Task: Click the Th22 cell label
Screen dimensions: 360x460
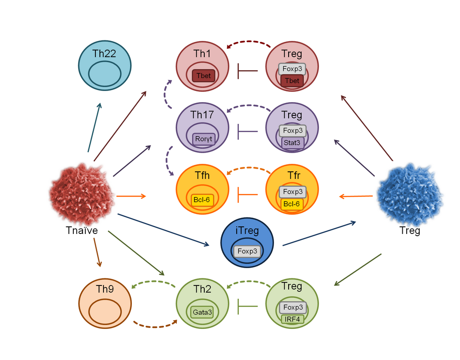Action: coord(104,54)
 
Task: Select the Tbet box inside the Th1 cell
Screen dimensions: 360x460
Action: coord(203,76)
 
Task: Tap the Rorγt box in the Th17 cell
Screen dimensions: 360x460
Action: coord(204,139)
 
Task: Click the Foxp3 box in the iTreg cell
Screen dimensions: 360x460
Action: coord(247,251)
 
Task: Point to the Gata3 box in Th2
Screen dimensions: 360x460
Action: coord(202,313)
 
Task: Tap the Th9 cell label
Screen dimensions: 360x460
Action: coord(105,289)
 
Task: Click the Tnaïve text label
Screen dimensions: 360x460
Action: coord(81,230)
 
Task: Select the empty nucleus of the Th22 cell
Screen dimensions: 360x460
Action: coord(104,73)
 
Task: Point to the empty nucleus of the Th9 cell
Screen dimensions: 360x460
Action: coord(105,311)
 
